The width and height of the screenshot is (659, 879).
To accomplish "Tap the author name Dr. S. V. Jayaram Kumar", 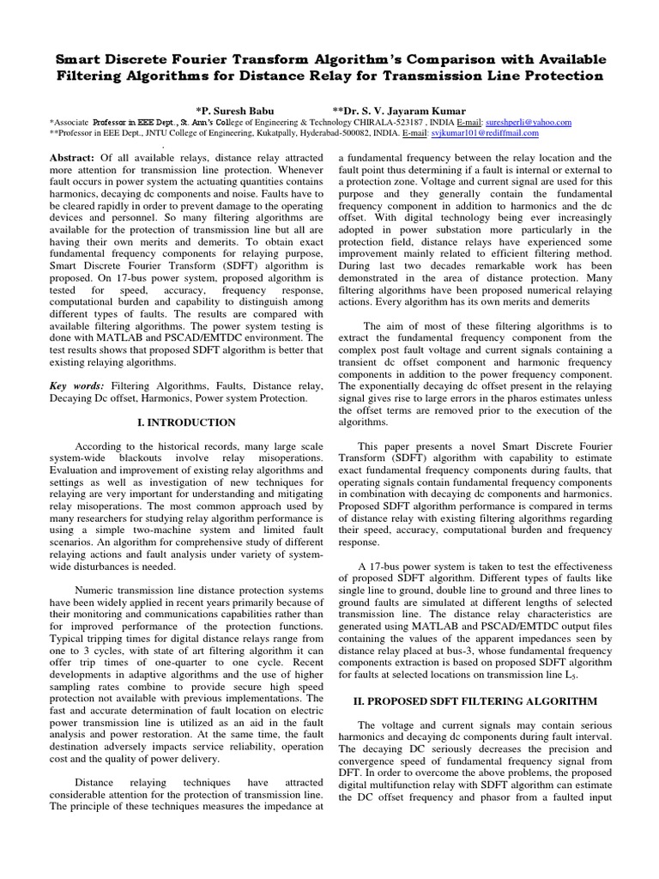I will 401,110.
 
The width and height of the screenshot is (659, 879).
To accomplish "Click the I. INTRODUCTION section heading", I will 186,422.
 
